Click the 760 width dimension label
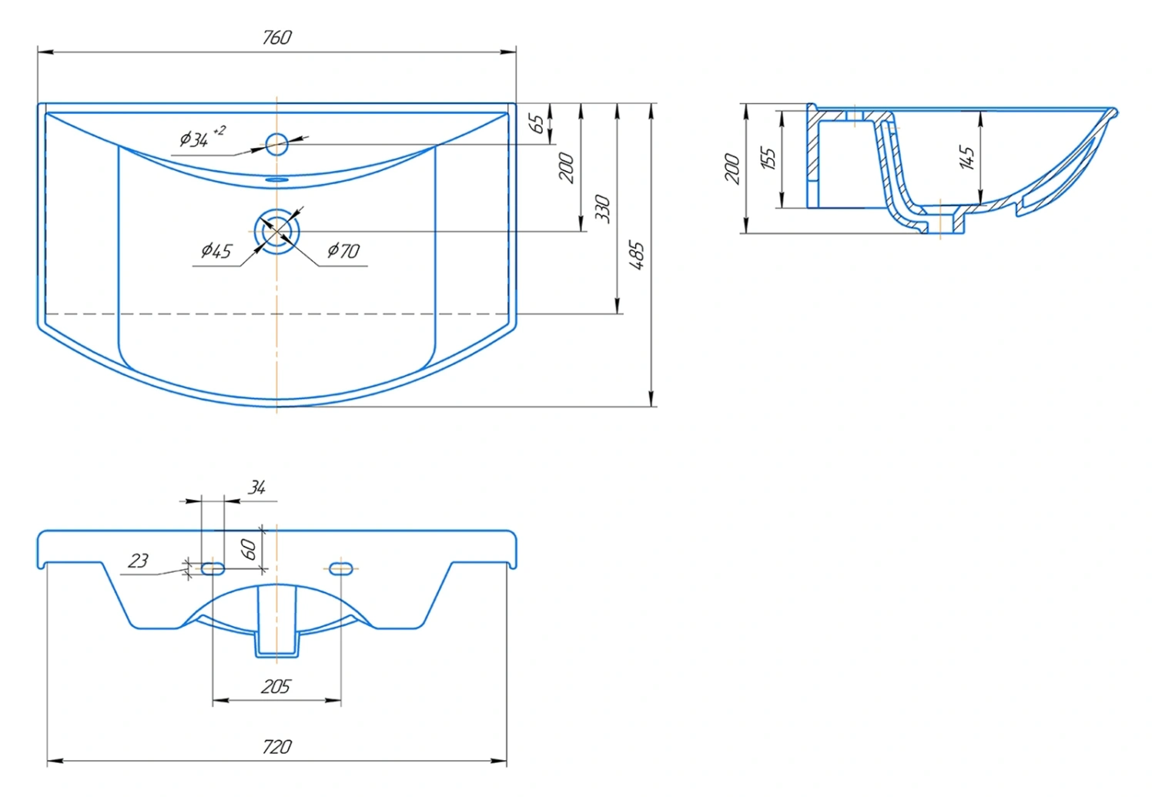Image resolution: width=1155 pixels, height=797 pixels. [x=277, y=38]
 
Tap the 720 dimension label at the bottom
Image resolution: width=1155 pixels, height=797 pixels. [x=277, y=747]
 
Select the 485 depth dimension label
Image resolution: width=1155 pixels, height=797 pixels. [x=637, y=255]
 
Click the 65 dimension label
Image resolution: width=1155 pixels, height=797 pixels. [x=536, y=124]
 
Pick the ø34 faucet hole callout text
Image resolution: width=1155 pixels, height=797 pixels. [x=202, y=136]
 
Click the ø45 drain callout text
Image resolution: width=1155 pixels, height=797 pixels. [x=216, y=250]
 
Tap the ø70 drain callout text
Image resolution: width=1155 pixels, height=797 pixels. [x=343, y=250]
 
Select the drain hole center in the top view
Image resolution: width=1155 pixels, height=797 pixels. [x=277, y=232]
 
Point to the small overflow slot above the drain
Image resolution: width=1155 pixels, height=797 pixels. [x=277, y=180]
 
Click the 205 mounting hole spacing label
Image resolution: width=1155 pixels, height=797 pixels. [x=276, y=687]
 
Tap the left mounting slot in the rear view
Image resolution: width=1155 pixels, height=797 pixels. [x=213, y=568]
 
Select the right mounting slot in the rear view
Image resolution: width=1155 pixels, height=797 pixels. [x=341, y=568]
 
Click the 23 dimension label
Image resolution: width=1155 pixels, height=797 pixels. [x=138, y=561]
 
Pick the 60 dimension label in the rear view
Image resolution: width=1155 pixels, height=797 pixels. [x=249, y=549]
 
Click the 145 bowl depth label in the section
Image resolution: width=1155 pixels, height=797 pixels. [x=967, y=158]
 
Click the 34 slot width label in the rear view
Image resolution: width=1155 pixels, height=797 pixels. [x=256, y=487]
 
